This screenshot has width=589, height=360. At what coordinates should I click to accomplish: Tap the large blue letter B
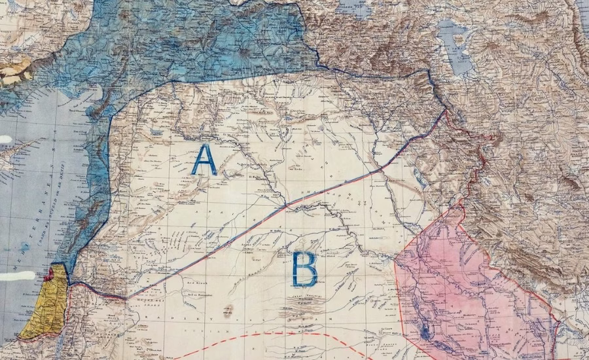tap(304, 268)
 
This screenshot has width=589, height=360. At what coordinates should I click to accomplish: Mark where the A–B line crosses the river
tap(285, 206)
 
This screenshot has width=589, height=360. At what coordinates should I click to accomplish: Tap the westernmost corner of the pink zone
tap(397, 262)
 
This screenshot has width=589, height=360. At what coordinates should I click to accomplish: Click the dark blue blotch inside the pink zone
tap(426, 333)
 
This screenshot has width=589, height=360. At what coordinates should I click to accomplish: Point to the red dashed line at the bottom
tap(262, 334)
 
